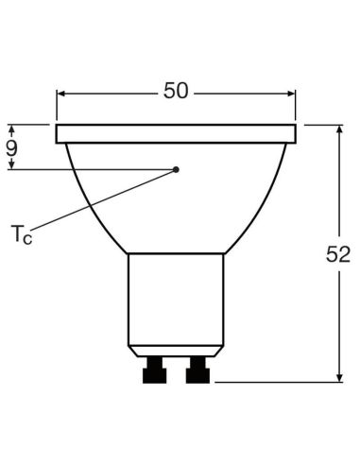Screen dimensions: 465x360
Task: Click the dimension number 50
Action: pyautogui.click(x=176, y=91)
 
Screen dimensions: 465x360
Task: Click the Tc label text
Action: pyautogui.click(x=20, y=234)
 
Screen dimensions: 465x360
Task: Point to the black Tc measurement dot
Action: pyautogui.click(x=176, y=169)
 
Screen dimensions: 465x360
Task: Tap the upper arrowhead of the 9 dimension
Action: pyautogui.click(x=12, y=129)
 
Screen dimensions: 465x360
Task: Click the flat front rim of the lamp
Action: pyautogui.click(x=176, y=133)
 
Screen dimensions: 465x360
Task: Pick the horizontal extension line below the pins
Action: pyautogui.click(x=274, y=382)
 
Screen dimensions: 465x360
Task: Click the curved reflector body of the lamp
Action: pyautogui.click(x=176, y=208)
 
